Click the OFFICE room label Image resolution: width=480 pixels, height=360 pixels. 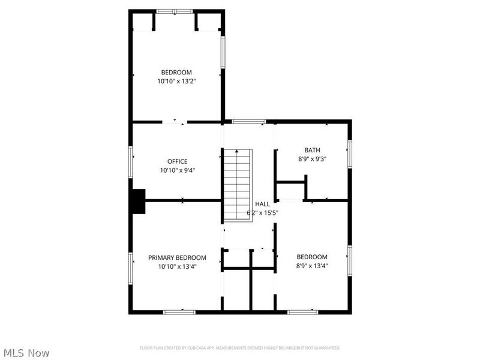click(177, 161)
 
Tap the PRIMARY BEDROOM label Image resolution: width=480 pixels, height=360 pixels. click(177, 257)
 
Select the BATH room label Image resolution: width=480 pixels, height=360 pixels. click(312, 151)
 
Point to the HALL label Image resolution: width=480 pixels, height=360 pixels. click(262, 204)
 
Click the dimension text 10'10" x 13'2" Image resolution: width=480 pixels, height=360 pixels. click(176, 81)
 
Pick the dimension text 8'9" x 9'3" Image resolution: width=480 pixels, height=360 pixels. click(312, 159)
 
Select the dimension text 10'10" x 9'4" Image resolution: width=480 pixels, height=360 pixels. click(177, 170)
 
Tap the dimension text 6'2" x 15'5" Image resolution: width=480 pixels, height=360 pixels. click(262, 212)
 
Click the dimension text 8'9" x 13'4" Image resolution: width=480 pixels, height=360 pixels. click(312, 266)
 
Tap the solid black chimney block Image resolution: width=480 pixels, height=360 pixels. click(139, 201)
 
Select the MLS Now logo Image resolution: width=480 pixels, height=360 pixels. click(26, 353)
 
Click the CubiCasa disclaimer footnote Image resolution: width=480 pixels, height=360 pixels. click(240, 348)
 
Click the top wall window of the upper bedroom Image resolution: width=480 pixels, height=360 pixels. click(175, 11)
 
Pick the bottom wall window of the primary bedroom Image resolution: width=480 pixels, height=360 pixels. click(179, 311)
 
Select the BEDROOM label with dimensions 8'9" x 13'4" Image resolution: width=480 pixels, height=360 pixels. click(312, 257)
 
